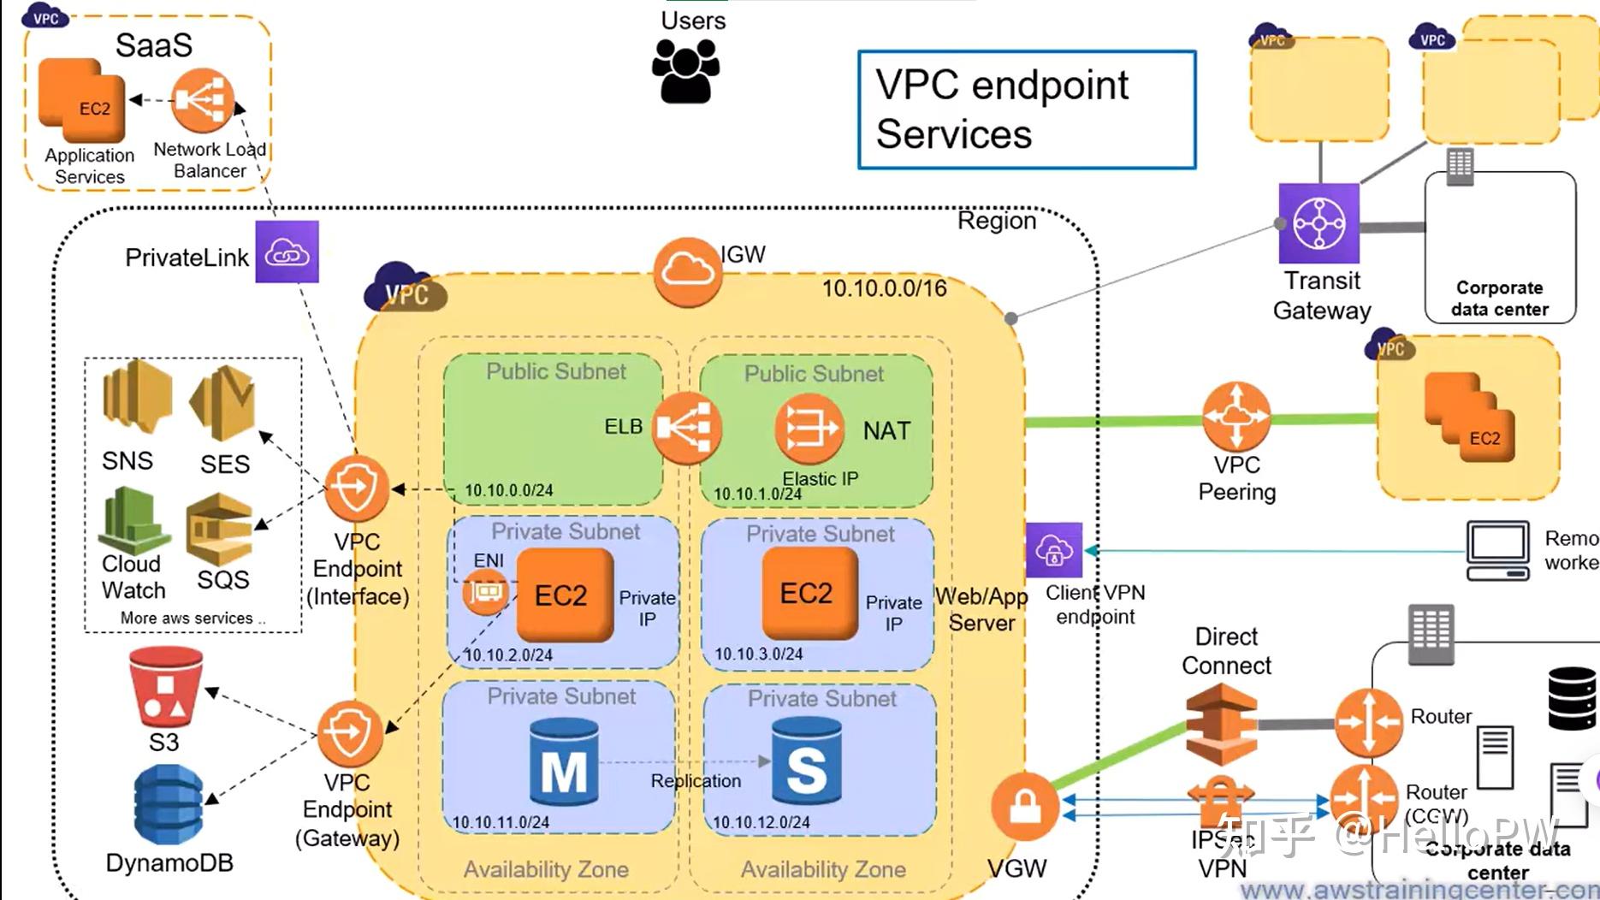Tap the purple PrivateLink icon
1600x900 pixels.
click(287, 252)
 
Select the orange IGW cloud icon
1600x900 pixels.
click(686, 272)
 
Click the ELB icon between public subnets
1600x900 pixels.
click(686, 428)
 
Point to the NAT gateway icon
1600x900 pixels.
click(809, 427)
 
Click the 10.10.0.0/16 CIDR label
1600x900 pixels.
click(884, 288)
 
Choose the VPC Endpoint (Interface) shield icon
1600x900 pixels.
click(356, 488)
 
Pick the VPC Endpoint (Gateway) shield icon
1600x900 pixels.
click(349, 733)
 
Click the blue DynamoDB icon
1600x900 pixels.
click(169, 804)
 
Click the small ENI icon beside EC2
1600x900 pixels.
click(485, 592)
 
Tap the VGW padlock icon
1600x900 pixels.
click(1024, 806)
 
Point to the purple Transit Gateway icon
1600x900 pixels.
click(1319, 223)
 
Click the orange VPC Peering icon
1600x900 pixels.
click(1236, 417)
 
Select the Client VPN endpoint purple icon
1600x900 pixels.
click(1054, 550)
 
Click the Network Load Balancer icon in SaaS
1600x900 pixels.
click(202, 101)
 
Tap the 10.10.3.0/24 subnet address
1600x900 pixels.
click(759, 654)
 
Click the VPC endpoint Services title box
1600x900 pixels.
click(1027, 110)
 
